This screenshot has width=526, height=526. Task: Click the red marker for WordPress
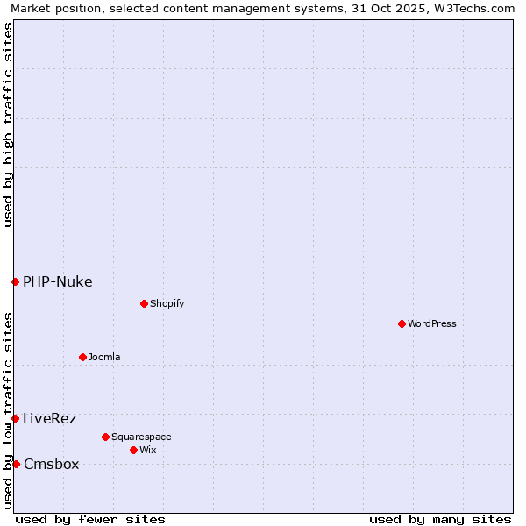pyautogui.click(x=402, y=323)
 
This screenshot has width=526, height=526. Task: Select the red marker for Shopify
pyautogui.click(x=144, y=303)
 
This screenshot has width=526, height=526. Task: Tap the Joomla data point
pyautogui.click(x=82, y=357)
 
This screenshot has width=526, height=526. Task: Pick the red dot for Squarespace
pyautogui.click(x=105, y=437)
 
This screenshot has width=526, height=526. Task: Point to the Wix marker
pyautogui.click(x=133, y=450)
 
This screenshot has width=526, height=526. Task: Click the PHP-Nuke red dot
pyautogui.click(x=15, y=281)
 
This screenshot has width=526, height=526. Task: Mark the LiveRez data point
pyautogui.click(x=15, y=418)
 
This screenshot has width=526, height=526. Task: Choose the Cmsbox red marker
pyautogui.click(x=16, y=464)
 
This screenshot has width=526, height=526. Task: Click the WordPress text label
pyautogui.click(x=432, y=323)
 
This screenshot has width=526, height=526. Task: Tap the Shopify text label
pyautogui.click(x=167, y=303)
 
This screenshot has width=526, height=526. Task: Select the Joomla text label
pyautogui.click(x=104, y=357)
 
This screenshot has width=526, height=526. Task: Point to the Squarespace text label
pyautogui.click(x=141, y=437)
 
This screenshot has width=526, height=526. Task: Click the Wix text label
pyautogui.click(x=147, y=450)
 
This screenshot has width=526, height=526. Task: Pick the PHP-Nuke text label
pyautogui.click(x=58, y=281)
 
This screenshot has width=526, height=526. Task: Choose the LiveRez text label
pyautogui.click(x=50, y=418)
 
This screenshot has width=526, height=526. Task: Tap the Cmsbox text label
pyautogui.click(x=52, y=464)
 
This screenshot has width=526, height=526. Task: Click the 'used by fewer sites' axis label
pyautogui.click(x=90, y=519)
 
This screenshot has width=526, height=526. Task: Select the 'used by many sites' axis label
pyautogui.click(x=440, y=519)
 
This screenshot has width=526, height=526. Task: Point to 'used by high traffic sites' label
pyautogui.click(x=8, y=124)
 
